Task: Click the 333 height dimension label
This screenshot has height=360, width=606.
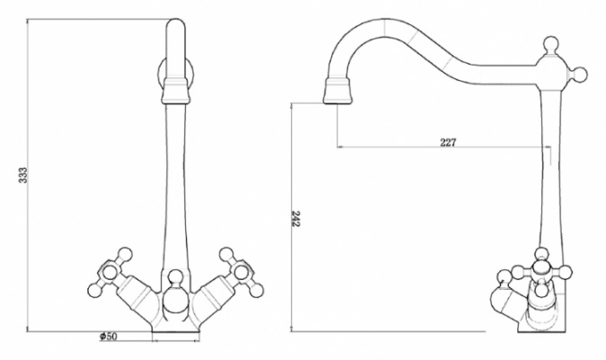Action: [23, 175]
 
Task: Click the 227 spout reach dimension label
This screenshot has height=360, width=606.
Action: [448, 143]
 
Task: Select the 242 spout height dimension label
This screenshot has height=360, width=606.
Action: [295, 219]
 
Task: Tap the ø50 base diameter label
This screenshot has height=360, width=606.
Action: [109, 337]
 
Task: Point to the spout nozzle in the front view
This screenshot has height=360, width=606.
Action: [176, 91]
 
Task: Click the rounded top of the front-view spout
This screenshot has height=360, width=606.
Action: [176, 23]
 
